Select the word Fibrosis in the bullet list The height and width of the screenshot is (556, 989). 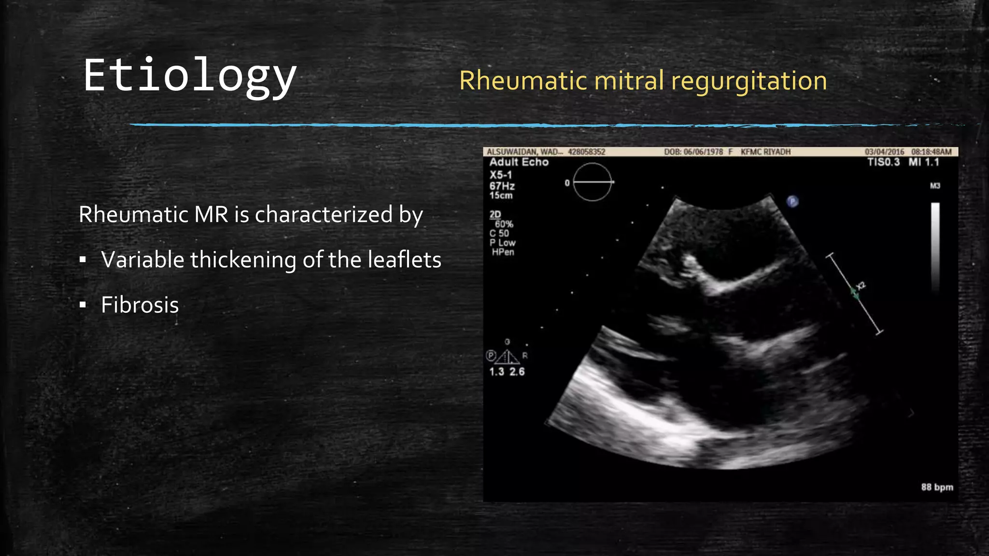tap(140, 305)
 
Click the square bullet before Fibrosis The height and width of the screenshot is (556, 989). tap(83, 305)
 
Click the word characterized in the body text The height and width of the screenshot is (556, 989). tap(324, 215)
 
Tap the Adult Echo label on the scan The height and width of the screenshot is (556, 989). tap(519, 162)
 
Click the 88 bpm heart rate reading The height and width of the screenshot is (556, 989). tap(936, 487)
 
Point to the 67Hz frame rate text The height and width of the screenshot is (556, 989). tap(502, 186)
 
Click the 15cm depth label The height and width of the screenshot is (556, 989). tap(501, 195)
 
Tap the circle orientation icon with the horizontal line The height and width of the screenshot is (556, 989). tap(592, 182)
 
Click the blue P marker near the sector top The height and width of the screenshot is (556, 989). tap(792, 201)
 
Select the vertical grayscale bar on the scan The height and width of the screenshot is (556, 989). tap(935, 246)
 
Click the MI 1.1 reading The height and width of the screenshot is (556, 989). tap(923, 162)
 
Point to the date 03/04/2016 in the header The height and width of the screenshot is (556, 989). tap(884, 152)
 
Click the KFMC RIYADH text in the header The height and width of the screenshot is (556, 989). tap(765, 152)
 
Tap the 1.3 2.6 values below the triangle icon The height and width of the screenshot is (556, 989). tap(507, 372)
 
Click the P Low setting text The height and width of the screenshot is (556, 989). tap(502, 243)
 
